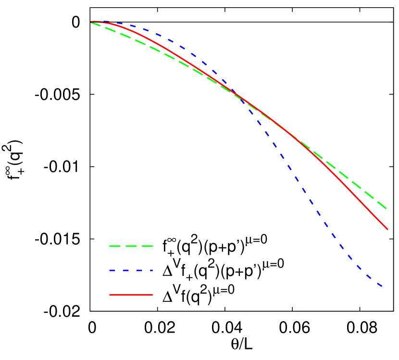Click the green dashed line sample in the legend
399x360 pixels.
point(131,246)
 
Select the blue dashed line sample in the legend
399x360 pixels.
point(131,271)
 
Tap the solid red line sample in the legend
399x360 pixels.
point(131,295)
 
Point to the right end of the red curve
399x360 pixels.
point(387,229)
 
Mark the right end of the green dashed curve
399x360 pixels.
point(387,209)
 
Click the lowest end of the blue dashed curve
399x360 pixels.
point(382,287)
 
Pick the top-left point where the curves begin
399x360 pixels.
point(91,22)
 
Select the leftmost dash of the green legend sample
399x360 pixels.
point(114,246)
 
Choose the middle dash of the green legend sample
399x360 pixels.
point(131,246)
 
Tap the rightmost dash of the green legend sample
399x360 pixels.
point(147,246)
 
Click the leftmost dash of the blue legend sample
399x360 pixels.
point(112,271)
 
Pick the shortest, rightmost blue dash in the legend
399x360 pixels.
point(151,271)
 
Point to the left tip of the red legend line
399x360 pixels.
point(110,295)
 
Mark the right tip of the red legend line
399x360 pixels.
point(152,295)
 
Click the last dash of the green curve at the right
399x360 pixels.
point(383,206)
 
